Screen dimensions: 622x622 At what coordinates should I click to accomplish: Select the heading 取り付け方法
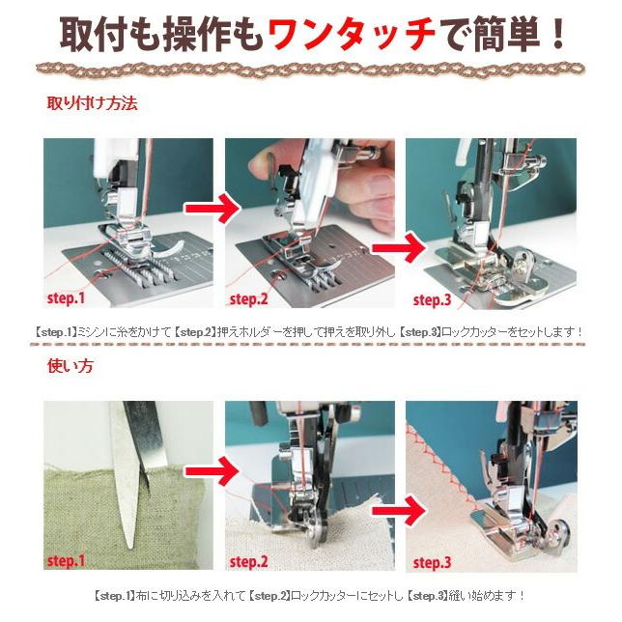pos(92,103)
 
